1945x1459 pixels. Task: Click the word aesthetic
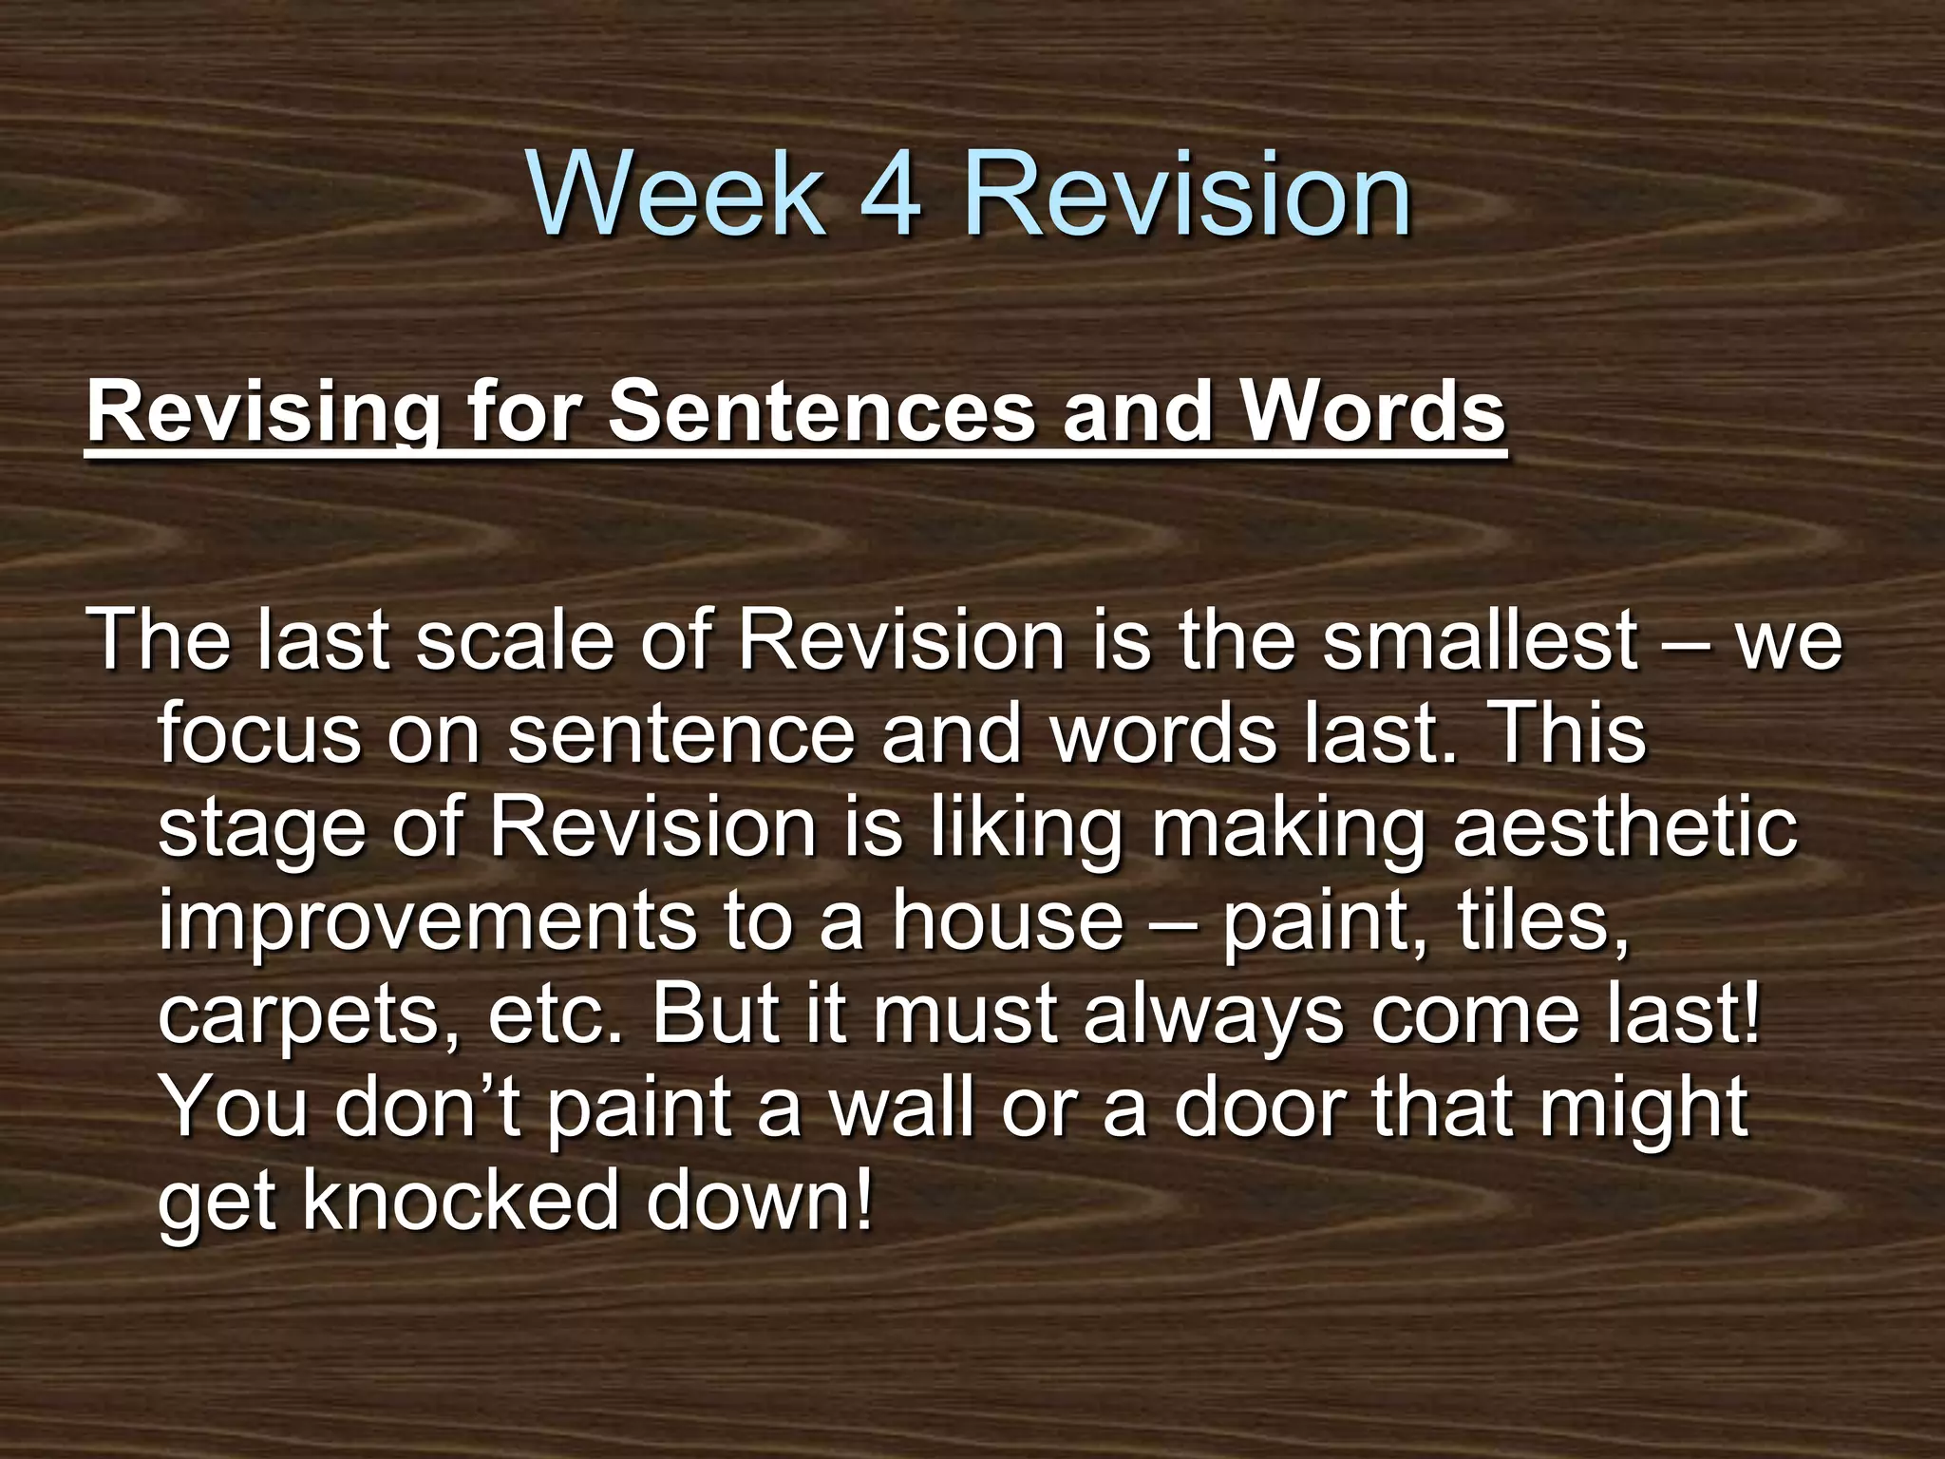pyautogui.click(x=1625, y=827)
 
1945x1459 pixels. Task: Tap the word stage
pyautogui.click(x=262, y=827)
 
